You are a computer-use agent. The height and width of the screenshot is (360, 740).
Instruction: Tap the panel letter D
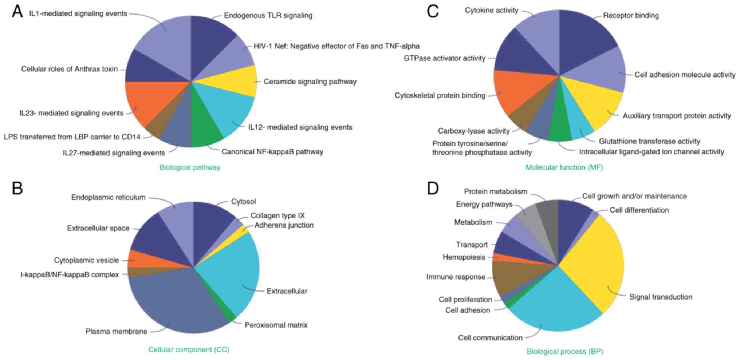point(433,189)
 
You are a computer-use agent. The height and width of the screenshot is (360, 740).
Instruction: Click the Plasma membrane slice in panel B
point(171,302)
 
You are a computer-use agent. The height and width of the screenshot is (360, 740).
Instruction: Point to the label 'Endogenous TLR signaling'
point(268,16)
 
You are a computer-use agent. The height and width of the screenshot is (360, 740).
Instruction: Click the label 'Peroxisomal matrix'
point(276,325)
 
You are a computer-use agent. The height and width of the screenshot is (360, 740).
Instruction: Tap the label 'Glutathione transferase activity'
point(649,141)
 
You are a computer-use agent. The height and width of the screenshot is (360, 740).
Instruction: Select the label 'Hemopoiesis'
point(464,257)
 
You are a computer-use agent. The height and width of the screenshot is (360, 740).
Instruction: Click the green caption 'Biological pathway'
point(190,167)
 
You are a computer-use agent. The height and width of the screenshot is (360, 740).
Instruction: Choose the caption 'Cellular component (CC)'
point(189,350)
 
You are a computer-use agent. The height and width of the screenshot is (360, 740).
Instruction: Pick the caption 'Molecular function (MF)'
point(564,167)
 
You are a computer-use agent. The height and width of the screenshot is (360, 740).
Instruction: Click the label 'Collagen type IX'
point(277,215)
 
